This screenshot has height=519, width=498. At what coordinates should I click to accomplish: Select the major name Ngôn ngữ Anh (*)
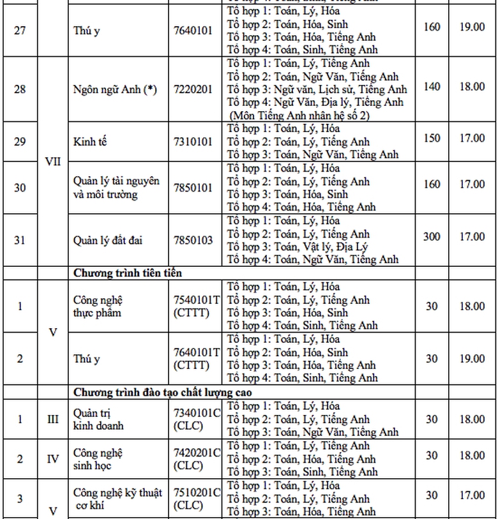tap(114, 89)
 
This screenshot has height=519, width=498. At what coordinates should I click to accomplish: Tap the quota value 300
tap(432, 237)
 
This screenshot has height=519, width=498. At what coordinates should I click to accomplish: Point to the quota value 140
tap(432, 86)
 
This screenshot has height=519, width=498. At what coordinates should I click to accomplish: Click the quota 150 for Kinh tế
tap(432, 139)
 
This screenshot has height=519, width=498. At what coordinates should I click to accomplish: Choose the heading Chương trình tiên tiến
tap(128, 273)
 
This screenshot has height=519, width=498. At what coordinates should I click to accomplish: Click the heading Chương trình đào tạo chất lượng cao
tap(163, 392)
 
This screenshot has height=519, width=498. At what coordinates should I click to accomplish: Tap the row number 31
tap(20, 240)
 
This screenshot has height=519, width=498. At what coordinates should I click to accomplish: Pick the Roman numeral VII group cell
tap(54, 161)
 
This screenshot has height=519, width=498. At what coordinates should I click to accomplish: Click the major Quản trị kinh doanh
tap(98, 419)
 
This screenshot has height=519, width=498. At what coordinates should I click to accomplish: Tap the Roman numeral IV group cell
tap(54, 459)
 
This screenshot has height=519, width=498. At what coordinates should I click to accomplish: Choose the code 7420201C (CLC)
tap(197, 459)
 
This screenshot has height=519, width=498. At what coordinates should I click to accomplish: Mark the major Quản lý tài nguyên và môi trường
tap(116, 188)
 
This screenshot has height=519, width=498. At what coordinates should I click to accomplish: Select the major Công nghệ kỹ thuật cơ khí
tap(117, 499)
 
